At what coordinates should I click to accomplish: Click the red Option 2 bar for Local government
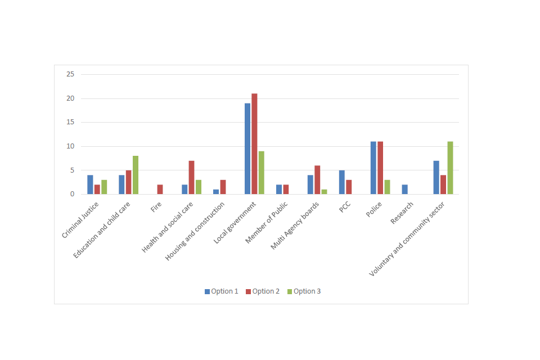(x=254, y=144)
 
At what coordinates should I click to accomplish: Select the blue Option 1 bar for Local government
(x=247, y=148)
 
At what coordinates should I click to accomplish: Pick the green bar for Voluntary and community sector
(x=450, y=168)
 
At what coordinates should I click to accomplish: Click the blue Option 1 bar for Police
(x=373, y=168)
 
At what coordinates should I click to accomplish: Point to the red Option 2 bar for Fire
(x=160, y=190)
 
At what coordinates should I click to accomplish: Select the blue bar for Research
(x=405, y=190)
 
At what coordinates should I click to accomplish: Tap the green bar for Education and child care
(x=136, y=175)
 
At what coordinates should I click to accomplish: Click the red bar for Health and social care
(x=191, y=178)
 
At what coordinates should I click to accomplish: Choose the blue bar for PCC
(x=342, y=182)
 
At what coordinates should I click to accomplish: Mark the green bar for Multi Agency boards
(x=325, y=192)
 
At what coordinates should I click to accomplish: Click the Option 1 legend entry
(x=222, y=291)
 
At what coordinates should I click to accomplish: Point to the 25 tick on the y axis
(x=70, y=74)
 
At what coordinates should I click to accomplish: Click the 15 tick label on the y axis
(x=70, y=122)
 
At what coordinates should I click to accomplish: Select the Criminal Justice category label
(x=81, y=220)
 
